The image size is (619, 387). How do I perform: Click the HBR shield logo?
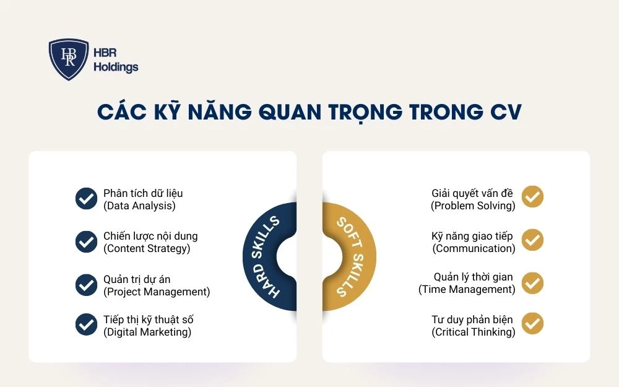point(68,59)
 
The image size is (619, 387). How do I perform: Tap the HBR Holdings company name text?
point(116,60)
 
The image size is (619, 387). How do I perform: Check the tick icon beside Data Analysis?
point(86,199)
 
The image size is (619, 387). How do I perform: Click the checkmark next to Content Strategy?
point(86,242)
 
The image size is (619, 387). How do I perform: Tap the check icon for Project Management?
point(86,285)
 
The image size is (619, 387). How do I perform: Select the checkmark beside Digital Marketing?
point(86,325)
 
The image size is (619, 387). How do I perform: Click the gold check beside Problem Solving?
point(532,196)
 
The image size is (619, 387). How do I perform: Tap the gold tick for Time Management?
point(532,282)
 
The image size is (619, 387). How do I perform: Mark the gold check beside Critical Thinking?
point(532,324)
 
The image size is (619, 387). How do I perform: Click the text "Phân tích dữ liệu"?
point(143,193)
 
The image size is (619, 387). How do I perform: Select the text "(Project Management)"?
point(157,292)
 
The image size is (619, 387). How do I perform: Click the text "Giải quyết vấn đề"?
point(472,193)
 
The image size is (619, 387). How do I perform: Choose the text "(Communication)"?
point(474,248)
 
